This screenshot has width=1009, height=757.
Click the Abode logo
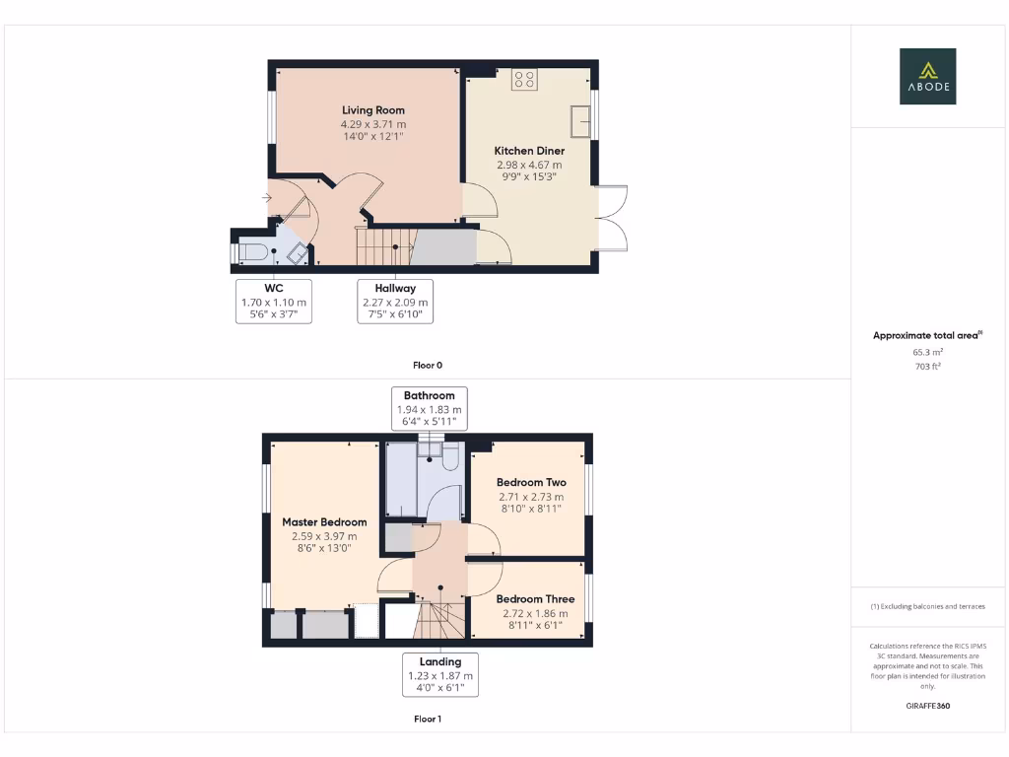(927, 76)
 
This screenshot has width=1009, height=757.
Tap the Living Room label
(373, 109)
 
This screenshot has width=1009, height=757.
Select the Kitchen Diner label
(529, 151)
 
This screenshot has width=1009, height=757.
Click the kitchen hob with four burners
(523, 80)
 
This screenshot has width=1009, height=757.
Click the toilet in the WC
(252, 252)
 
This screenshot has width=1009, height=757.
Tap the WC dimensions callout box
(274, 302)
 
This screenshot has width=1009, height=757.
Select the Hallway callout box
(394, 302)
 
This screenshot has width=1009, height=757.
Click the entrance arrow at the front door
(267, 198)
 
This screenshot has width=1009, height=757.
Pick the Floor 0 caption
(428, 365)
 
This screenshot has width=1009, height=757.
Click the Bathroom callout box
(429, 409)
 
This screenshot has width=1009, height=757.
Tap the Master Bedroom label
(324, 522)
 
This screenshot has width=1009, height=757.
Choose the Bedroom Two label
(531, 483)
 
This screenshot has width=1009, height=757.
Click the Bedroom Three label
(535, 599)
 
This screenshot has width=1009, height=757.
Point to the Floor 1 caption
(428, 720)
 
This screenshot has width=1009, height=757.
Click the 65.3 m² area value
(927, 351)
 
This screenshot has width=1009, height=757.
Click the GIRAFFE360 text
(927, 706)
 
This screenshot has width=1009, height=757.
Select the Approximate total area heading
(926, 336)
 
